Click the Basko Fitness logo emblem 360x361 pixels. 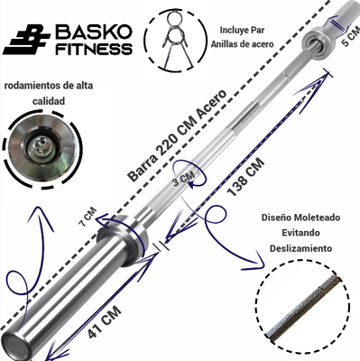[26, 39]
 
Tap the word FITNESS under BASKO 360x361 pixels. [94, 49]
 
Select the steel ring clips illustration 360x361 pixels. [175, 40]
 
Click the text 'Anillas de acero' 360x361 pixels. [242, 44]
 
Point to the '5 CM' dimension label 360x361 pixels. [350, 37]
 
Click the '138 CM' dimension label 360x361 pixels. [245, 177]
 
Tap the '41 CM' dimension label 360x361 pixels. [105, 321]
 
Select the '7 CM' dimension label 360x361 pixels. [88, 217]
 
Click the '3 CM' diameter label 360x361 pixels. [184, 178]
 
